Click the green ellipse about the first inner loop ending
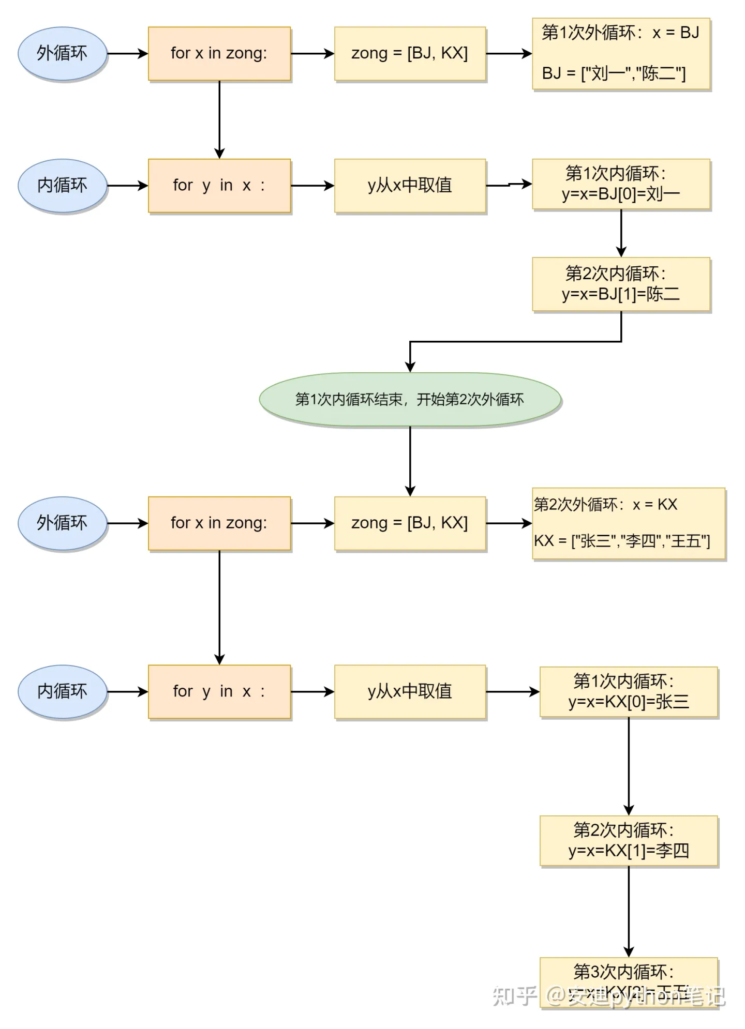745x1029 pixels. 410,399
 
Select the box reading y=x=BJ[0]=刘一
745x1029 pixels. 621,184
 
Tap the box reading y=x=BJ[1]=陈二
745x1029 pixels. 621,284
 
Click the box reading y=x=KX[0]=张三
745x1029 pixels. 629,691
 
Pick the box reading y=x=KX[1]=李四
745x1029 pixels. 629,840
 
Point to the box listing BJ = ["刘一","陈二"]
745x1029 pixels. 621,54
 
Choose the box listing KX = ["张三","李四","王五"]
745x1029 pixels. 629,523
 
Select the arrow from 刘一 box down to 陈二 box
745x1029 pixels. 621,233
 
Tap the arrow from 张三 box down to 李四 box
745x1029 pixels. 629,765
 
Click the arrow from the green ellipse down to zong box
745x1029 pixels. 410,460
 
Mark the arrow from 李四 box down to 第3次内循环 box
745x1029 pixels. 629,910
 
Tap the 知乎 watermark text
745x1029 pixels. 514,995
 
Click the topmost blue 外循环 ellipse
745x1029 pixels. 63,53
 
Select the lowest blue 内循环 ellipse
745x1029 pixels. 63,691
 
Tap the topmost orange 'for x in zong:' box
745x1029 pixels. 219,54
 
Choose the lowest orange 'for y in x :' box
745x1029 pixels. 219,691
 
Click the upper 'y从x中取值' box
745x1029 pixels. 410,185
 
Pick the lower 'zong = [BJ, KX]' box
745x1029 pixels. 410,523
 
